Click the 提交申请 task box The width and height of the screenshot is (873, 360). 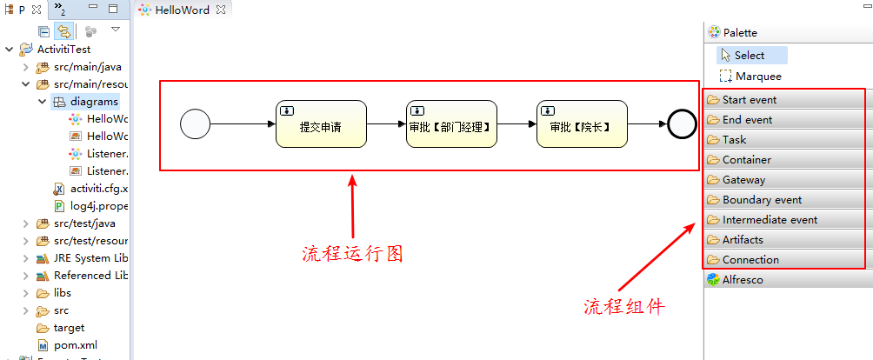click(x=321, y=124)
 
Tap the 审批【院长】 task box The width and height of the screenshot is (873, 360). click(x=582, y=124)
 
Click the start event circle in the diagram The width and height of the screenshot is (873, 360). click(x=196, y=124)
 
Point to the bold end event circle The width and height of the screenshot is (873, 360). click(x=683, y=124)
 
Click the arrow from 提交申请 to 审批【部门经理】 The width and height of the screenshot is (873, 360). click(x=386, y=124)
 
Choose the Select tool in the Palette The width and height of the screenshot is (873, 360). click(x=749, y=55)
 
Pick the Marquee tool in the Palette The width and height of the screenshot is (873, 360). click(x=757, y=76)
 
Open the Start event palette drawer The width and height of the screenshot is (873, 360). click(x=750, y=99)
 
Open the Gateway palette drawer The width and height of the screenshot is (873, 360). click(x=743, y=179)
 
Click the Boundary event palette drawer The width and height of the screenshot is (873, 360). click(x=762, y=199)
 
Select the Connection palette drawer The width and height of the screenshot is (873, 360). click(x=750, y=259)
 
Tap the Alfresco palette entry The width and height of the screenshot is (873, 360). click(x=742, y=280)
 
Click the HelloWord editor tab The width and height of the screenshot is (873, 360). click(x=182, y=10)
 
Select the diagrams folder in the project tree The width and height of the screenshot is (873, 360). click(x=94, y=101)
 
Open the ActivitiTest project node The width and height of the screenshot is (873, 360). click(x=63, y=50)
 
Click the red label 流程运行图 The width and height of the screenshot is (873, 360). click(x=353, y=254)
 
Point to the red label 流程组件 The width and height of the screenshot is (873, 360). click(x=623, y=306)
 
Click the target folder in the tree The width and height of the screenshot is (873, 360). click(x=69, y=327)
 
